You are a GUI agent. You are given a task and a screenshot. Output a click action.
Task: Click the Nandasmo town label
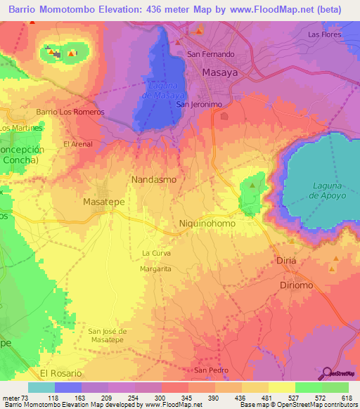tap(154, 180)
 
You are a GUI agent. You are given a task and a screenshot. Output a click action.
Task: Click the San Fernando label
tap(210, 53)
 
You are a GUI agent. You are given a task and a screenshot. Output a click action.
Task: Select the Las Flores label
tap(324, 34)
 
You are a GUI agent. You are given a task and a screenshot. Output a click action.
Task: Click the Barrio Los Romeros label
tap(70, 112)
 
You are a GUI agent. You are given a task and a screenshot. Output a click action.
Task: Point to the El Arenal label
tap(77, 144)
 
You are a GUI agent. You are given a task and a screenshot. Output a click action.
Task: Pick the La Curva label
tap(156, 253)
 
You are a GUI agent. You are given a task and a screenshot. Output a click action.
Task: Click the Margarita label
tap(156, 268)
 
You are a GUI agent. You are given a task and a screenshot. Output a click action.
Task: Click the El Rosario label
tap(61, 372)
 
